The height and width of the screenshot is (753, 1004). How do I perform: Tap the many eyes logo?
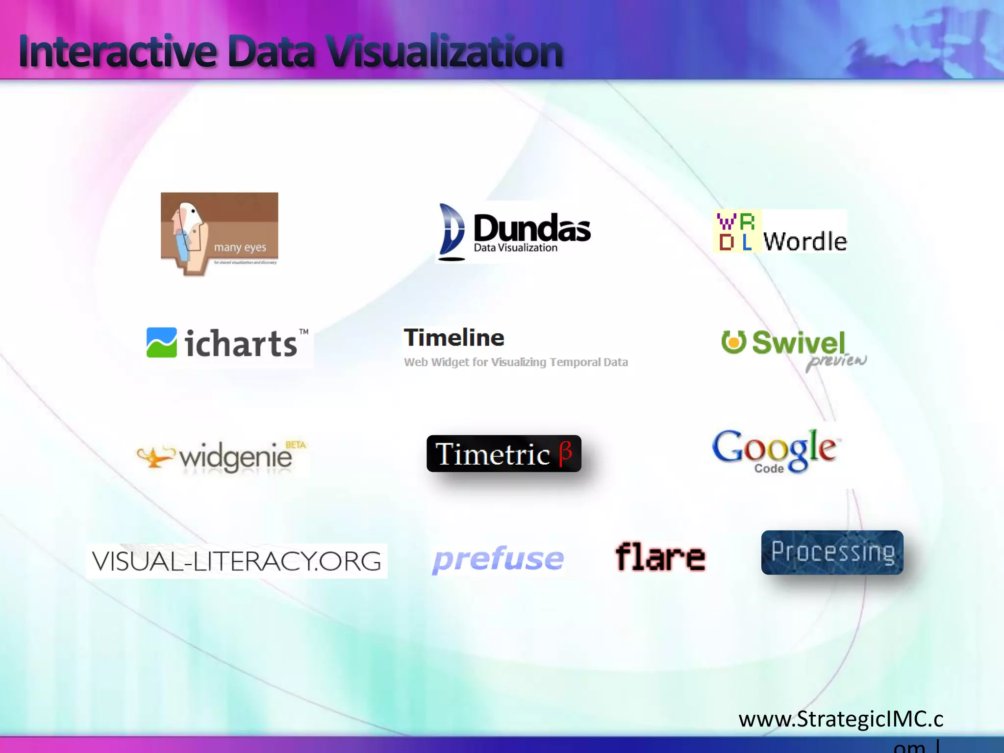[x=219, y=232]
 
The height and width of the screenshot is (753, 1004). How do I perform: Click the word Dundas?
[x=532, y=227]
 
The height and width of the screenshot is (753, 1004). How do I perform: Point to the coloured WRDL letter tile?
[x=737, y=231]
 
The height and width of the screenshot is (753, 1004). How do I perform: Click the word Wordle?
[x=805, y=241]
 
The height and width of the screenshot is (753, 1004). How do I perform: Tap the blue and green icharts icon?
[x=162, y=342]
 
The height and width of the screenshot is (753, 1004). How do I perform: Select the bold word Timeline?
[x=454, y=338]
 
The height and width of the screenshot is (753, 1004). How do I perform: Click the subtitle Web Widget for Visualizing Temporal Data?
[x=516, y=362]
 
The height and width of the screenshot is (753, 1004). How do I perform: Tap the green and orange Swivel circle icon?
[x=733, y=342]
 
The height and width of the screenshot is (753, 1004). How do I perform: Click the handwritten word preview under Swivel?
[x=836, y=361]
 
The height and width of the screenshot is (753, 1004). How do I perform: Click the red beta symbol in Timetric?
[x=565, y=452]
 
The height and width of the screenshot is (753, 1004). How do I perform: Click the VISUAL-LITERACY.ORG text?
[x=236, y=561]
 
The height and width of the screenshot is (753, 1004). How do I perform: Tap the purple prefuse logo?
[x=498, y=559]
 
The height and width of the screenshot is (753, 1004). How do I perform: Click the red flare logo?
[x=660, y=557]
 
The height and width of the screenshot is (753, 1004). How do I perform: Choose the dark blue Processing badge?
[x=832, y=552]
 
